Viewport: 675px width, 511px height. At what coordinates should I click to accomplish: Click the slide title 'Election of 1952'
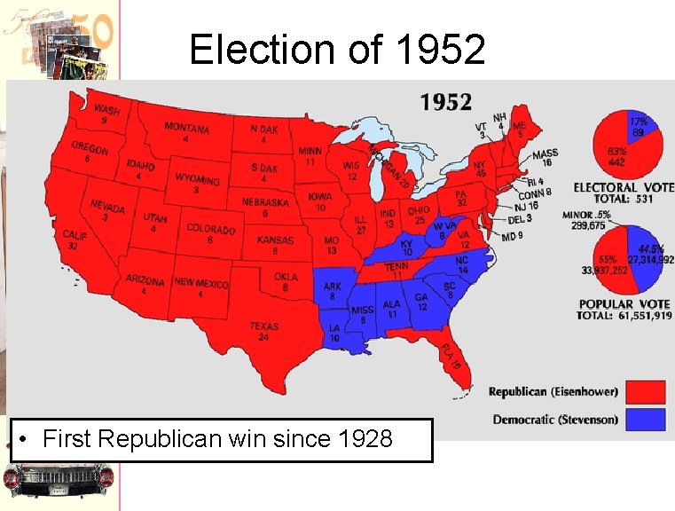coord(337,50)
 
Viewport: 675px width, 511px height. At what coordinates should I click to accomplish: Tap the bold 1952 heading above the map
coord(446,102)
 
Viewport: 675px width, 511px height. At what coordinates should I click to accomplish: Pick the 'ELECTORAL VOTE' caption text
coord(623,187)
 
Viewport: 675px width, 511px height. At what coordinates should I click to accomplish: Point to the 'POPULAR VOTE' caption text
coord(624,304)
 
